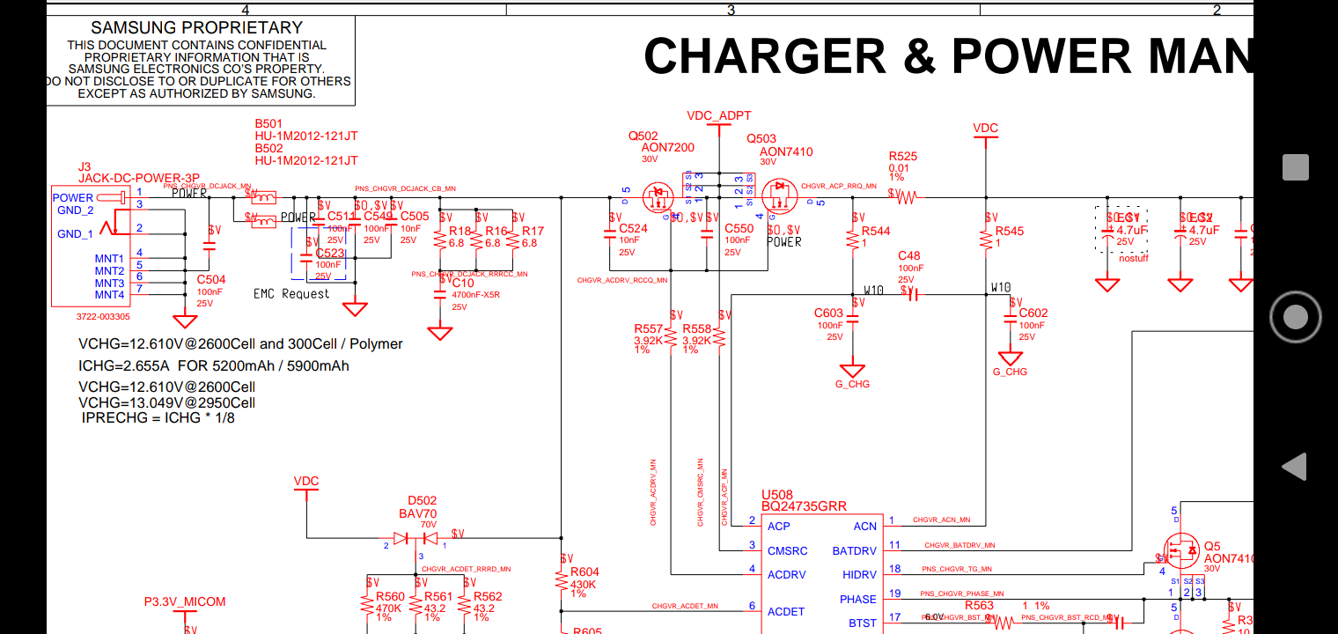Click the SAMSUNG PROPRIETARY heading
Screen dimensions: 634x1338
click(x=196, y=28)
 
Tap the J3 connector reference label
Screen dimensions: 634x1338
click(x=85, y=166)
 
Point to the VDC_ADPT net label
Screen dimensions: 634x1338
click(x=719, y=116)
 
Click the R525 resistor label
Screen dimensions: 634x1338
click(x=902, y=157)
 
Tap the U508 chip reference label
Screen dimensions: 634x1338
click(x=777, y=495)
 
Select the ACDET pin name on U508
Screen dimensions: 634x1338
click(x=785, y=612)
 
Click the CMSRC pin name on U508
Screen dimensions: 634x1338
click(x=787, y=551)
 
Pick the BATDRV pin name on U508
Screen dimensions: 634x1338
click(x=854, y=551)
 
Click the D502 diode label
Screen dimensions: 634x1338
click(x=423, y=501)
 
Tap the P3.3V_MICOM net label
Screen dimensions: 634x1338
click(x=185, y=602)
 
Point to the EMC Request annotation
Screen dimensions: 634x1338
click(x=291, y=294)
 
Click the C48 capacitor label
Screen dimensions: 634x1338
click(x=908, y=256)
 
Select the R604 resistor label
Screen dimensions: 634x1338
click(x=585, y=572)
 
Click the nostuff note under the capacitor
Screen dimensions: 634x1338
click(x=1134, y=258)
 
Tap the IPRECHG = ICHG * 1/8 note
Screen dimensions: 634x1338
click(x=158, y=418)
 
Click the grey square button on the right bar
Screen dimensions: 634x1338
click(x=1295, y=167)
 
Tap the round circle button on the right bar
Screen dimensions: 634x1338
click(x=1295, y=316)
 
